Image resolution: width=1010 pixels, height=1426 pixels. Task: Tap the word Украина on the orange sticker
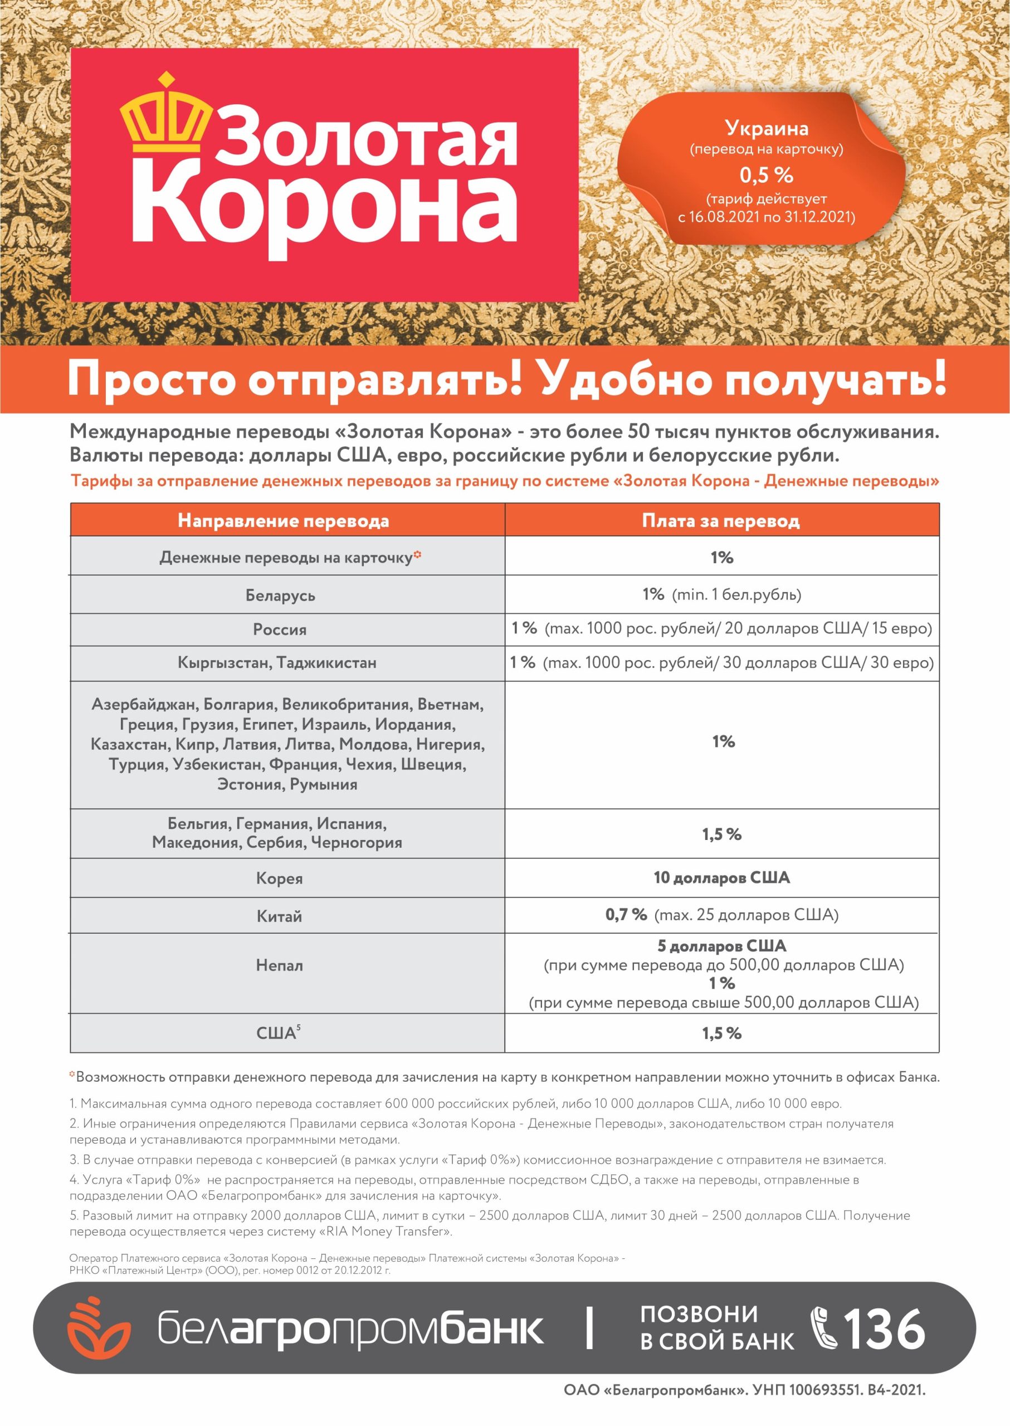(766, 128)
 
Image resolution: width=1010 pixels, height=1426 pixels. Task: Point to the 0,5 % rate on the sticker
(766, 175)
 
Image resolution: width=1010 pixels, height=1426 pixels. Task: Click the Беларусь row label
(280, 595)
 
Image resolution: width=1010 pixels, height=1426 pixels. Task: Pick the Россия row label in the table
(280, 629)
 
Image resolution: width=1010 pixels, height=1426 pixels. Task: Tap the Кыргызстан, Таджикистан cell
(277, 662)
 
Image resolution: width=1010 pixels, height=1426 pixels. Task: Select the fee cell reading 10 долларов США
(721, 877)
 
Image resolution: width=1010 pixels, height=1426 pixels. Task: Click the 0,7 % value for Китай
(626, 915)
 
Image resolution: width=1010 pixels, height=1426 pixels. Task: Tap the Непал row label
(279, 965)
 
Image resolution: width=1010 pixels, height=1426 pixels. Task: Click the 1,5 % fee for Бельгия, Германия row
(721, 834)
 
